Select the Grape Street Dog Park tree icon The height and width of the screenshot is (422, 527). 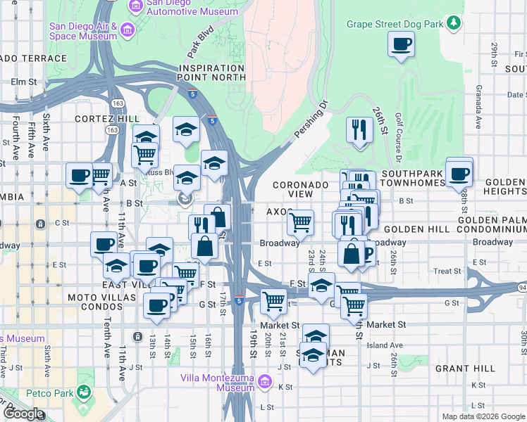coord(455,24)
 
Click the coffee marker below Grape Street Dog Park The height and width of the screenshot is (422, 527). coord(401,45)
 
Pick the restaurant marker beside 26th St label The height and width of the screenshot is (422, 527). coord(359,130)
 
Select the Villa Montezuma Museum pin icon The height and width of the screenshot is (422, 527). coord(265,382)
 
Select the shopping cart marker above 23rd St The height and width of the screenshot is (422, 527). coord(301,223)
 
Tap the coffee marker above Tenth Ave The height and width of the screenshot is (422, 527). coord(104,244)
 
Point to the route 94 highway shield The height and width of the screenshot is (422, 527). coord(522,287)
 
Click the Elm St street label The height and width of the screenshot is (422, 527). coord(23,82)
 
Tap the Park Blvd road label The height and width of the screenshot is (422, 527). coord(201,43)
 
